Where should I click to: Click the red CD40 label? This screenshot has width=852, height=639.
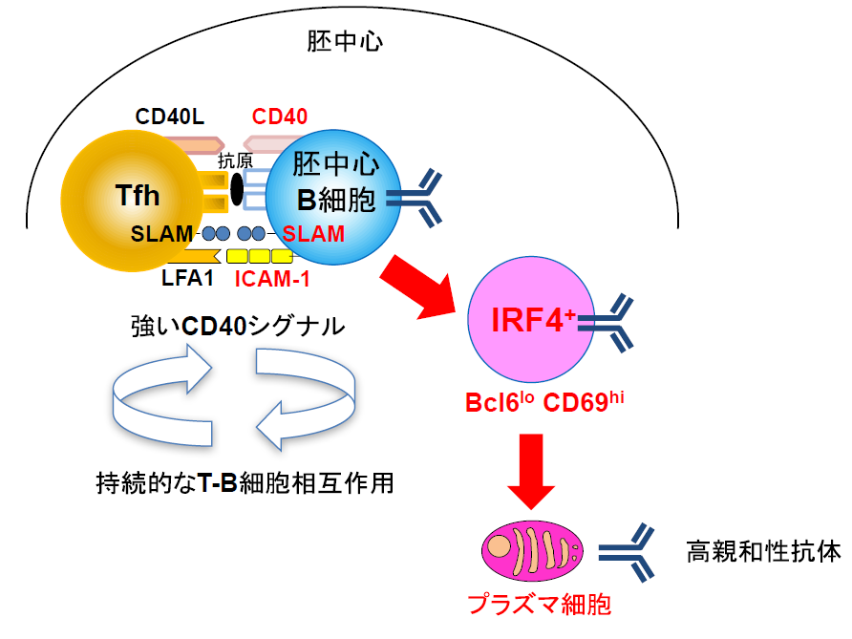[x=280, y=117]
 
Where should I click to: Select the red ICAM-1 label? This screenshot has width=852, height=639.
[x=271, y=280]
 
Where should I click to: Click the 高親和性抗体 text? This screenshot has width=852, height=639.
[x=763, y=552]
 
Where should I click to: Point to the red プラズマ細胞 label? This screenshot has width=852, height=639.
[x=539, y=604]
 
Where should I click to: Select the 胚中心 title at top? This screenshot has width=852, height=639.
[x=345, y=42]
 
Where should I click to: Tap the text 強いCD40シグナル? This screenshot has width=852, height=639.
[x=237, y=327]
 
